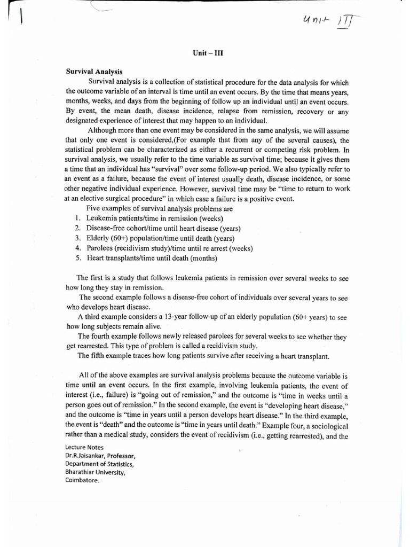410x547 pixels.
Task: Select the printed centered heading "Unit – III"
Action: click(x=205, y=53)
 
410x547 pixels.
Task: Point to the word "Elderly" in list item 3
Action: click(x=97, y=239)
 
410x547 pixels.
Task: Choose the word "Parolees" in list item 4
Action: click(x=99, y=249)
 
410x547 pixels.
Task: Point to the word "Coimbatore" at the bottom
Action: click(x=82, y=480)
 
